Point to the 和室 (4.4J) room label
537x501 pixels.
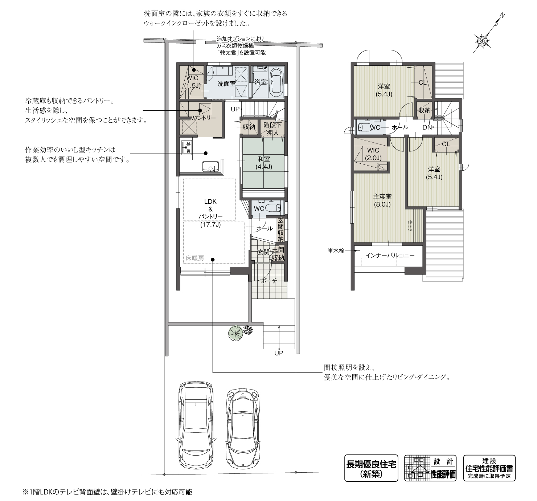point(264,163)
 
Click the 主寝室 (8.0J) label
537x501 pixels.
point(382,200)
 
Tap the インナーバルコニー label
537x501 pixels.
point(390,255)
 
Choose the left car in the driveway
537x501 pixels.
point(196,425)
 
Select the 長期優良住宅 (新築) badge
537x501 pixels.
point(371,468)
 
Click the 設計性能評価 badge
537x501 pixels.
point(430,468)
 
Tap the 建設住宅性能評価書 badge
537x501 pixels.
point(489,468)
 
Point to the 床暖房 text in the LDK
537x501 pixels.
point(195,258)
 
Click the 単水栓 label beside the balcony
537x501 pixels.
point(336,251)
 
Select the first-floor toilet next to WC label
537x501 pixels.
point(272,208)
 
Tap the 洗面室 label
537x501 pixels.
point(226,83)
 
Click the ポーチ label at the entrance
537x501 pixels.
point(269,281)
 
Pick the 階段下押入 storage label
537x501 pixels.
point(272,129)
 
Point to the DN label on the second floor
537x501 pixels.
point(427,127)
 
